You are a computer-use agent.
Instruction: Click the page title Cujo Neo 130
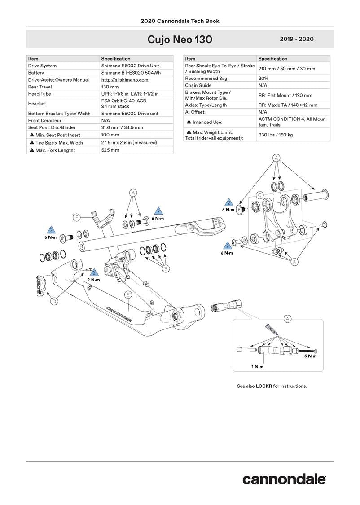point(180,40)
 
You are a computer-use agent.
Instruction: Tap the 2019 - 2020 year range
point(296,40)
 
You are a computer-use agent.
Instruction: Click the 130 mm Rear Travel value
point(110,87)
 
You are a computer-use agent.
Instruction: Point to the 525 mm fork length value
point(110,150)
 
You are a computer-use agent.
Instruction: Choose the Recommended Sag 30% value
point(263,78)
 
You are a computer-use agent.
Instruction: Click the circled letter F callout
point(77,218)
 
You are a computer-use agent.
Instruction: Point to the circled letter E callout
point(128,294)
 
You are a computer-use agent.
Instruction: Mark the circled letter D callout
point(54,302)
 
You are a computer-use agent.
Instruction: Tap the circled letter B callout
point(166,268)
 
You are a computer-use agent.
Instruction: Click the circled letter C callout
point(259,195)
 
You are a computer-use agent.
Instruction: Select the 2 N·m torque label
point(94,280)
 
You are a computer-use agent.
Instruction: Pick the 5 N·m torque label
point(310,356)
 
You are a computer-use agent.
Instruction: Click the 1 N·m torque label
point(257,367)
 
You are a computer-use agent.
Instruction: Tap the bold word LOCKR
point(264,386)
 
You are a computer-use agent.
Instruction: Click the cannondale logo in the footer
point(284,479)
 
